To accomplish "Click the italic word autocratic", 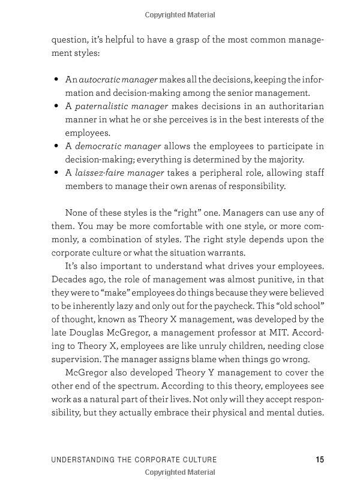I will (100, 80).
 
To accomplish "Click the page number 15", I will (319, 460).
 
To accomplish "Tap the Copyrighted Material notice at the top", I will (180, 14).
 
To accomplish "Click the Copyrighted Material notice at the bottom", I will (180, 473).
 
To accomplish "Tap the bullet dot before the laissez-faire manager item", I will (56, 173).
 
